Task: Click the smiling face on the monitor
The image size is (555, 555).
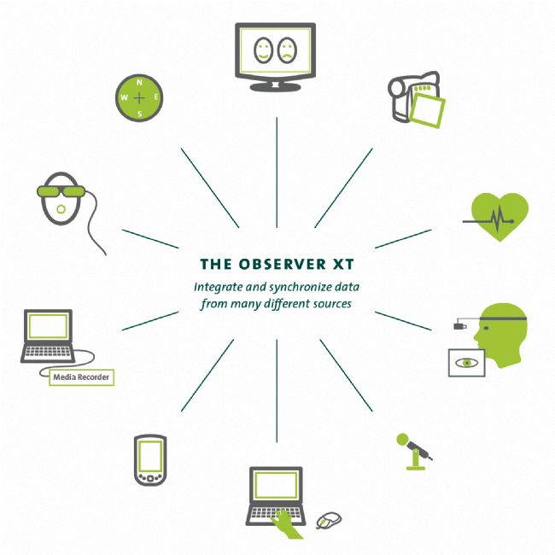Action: [263, 50]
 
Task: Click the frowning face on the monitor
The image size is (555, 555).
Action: [287, 50]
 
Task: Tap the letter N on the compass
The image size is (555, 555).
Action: [139, 83]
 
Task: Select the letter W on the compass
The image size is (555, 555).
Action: [124, 97]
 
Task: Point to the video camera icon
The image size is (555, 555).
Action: [416, 100]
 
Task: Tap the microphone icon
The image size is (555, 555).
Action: [414, 452]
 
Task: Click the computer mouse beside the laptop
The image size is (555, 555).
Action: [329, 520]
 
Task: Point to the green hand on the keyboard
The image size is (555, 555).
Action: [286, 524]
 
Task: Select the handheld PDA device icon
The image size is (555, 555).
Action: [150, 460]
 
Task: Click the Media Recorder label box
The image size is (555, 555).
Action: [81, 377]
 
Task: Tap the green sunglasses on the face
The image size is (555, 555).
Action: [61, 191]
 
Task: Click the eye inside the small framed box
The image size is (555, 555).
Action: [467, 363]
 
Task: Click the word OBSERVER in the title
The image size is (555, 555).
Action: [282, 264]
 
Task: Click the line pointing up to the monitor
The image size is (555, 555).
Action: [277, 172]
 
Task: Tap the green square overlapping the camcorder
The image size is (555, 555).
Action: [427, 110]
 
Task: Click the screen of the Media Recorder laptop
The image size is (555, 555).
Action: [48, 326]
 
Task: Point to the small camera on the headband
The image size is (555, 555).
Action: [459, 325]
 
